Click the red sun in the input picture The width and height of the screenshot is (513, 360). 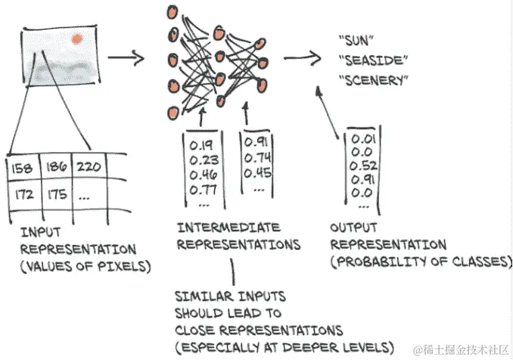76,38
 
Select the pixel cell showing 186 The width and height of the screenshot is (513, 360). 57,164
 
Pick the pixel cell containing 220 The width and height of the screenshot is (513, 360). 91,163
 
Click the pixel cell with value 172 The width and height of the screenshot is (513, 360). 23,194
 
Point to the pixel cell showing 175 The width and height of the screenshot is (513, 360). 57,194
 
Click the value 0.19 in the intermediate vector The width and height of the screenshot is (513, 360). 201,144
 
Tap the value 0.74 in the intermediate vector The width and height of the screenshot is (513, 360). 259,157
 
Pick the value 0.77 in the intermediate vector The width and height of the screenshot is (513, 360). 201,189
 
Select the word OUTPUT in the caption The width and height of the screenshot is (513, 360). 353,228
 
